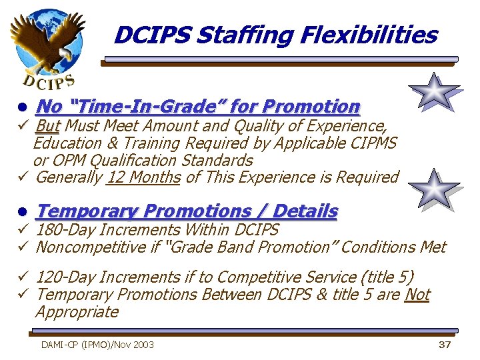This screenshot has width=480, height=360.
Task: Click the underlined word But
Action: click(47, 126)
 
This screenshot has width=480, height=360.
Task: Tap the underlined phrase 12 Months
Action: click(144, 177)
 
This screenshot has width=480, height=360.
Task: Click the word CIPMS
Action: click(371, 143)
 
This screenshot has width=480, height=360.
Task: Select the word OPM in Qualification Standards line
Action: click(69, 161)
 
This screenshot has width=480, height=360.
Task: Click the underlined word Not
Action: click(417, 295)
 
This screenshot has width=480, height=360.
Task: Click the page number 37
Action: click(445, 345)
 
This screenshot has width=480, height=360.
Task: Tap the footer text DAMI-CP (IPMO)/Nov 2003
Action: click(97, 345)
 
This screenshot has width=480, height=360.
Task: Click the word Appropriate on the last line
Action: click(77, 312)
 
